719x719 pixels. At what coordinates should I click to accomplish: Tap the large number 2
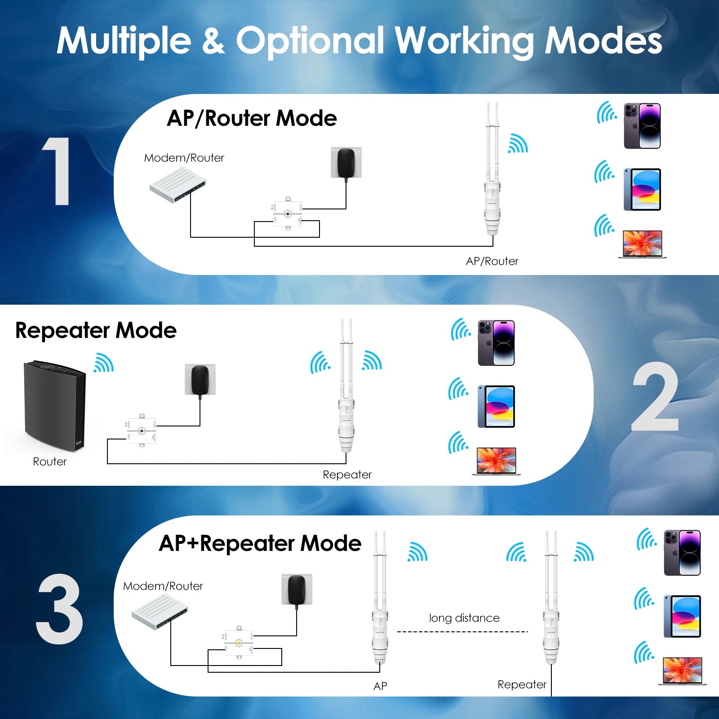point(655,397)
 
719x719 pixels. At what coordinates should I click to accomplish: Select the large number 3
point(59,608)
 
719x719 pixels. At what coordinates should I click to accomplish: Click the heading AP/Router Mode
point(252,119)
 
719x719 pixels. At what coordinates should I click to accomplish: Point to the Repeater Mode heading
point(96,330)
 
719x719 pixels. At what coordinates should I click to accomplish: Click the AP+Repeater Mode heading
point(260,543)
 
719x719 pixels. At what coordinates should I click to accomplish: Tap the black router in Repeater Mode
point(54,404)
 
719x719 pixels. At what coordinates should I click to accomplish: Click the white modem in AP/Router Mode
point(178,184)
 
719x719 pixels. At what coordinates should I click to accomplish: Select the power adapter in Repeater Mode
point(200,380)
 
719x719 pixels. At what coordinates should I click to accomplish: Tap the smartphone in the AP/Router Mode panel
point(642,126)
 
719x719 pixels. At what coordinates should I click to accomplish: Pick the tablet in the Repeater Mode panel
point(496,406)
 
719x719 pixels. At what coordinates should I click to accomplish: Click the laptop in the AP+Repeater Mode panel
point(682,671)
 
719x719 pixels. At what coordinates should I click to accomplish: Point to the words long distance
point(464,618)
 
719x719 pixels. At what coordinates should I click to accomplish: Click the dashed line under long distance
point(463,632)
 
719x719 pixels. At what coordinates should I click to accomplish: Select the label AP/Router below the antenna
point(492,261)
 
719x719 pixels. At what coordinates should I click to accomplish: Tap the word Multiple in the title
point(124,41)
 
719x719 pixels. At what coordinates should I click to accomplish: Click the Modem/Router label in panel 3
point(163,586)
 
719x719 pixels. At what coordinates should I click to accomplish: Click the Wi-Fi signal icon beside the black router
point(104,363)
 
